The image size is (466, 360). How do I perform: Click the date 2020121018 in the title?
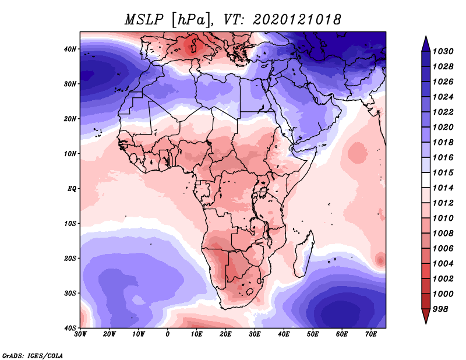(296, 19)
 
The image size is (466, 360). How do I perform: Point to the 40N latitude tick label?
(70, 49)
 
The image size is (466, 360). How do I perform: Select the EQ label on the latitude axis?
(72, 189)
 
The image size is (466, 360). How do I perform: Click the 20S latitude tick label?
(70, 259)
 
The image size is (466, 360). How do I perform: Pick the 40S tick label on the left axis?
(70, 328)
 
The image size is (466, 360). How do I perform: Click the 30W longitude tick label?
(80, 335)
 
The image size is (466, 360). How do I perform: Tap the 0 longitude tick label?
(168, 335)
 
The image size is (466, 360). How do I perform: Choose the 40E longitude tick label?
(284, 335)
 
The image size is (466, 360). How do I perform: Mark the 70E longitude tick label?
(371, 335)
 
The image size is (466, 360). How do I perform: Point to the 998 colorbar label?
(440, 309)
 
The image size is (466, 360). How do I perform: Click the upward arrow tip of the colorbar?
(425, 38)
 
